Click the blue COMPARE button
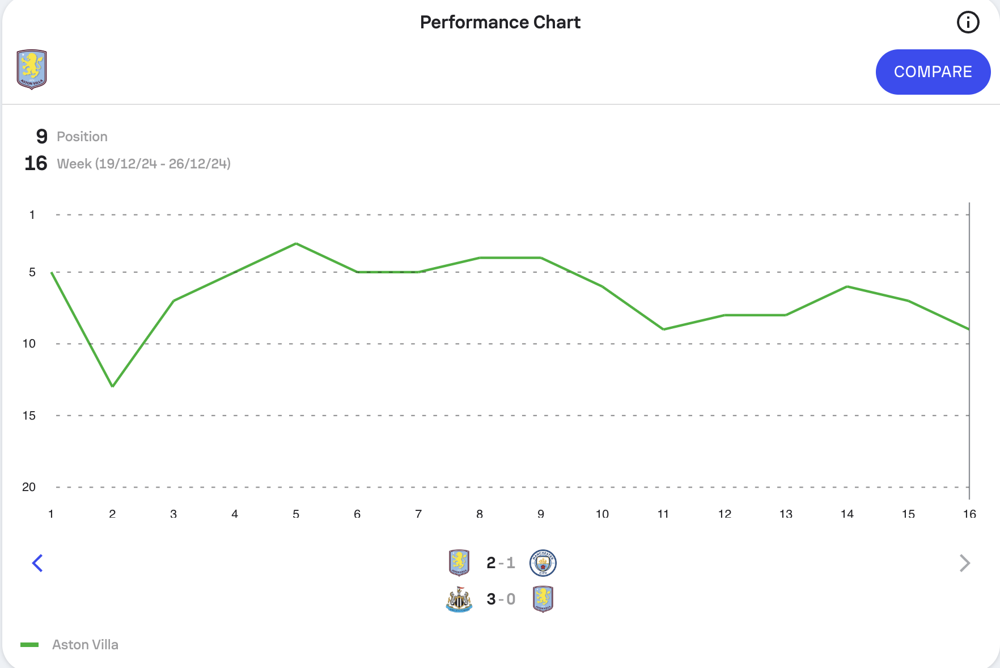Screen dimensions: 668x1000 [933, 72]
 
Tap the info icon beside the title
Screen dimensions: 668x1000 [968, 23]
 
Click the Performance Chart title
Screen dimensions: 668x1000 [500, 22]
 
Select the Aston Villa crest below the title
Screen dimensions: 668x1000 [32, 69]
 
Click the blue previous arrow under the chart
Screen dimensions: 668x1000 [37, 563]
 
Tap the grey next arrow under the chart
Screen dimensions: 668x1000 [964, 563]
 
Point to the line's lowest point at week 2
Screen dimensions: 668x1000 [113, 386]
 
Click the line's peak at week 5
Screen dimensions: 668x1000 [296, 244]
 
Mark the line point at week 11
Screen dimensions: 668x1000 [663, 329]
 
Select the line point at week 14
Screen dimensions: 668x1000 [847, 286]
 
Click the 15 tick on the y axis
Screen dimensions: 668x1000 [29, 416]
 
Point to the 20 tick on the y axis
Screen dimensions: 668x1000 [29, 487]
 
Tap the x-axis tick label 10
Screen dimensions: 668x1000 [602, 514]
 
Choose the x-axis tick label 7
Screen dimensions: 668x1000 [418, 514]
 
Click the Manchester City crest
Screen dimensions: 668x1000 [543, 563]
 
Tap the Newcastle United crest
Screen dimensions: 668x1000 [459, 599]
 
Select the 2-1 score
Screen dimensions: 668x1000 [501, 563]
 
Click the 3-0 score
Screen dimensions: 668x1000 [501, 599]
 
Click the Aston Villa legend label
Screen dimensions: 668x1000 [85, 645]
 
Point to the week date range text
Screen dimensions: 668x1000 [143, 164]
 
